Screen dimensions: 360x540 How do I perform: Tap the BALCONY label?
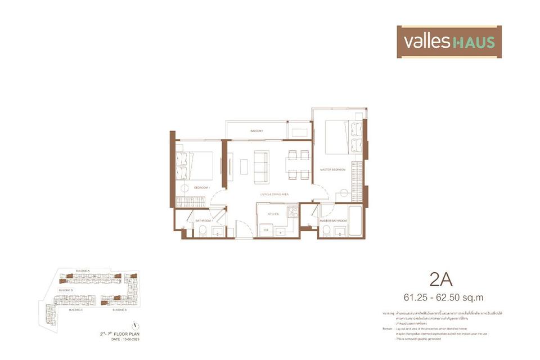click(257, 131)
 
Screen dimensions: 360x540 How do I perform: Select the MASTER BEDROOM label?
click(332, 169)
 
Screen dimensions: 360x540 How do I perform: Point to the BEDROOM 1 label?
click(201, 187)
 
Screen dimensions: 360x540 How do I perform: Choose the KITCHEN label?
click(273, 214)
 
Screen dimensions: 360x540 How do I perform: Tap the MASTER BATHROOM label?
click(332, 221)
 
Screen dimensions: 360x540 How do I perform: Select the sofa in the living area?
click(261, 166)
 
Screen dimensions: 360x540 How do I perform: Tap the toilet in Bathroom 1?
click(203, 231)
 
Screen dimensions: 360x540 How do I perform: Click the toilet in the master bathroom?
click(327, 231)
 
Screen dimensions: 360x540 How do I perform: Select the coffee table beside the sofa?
click(244, 166)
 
